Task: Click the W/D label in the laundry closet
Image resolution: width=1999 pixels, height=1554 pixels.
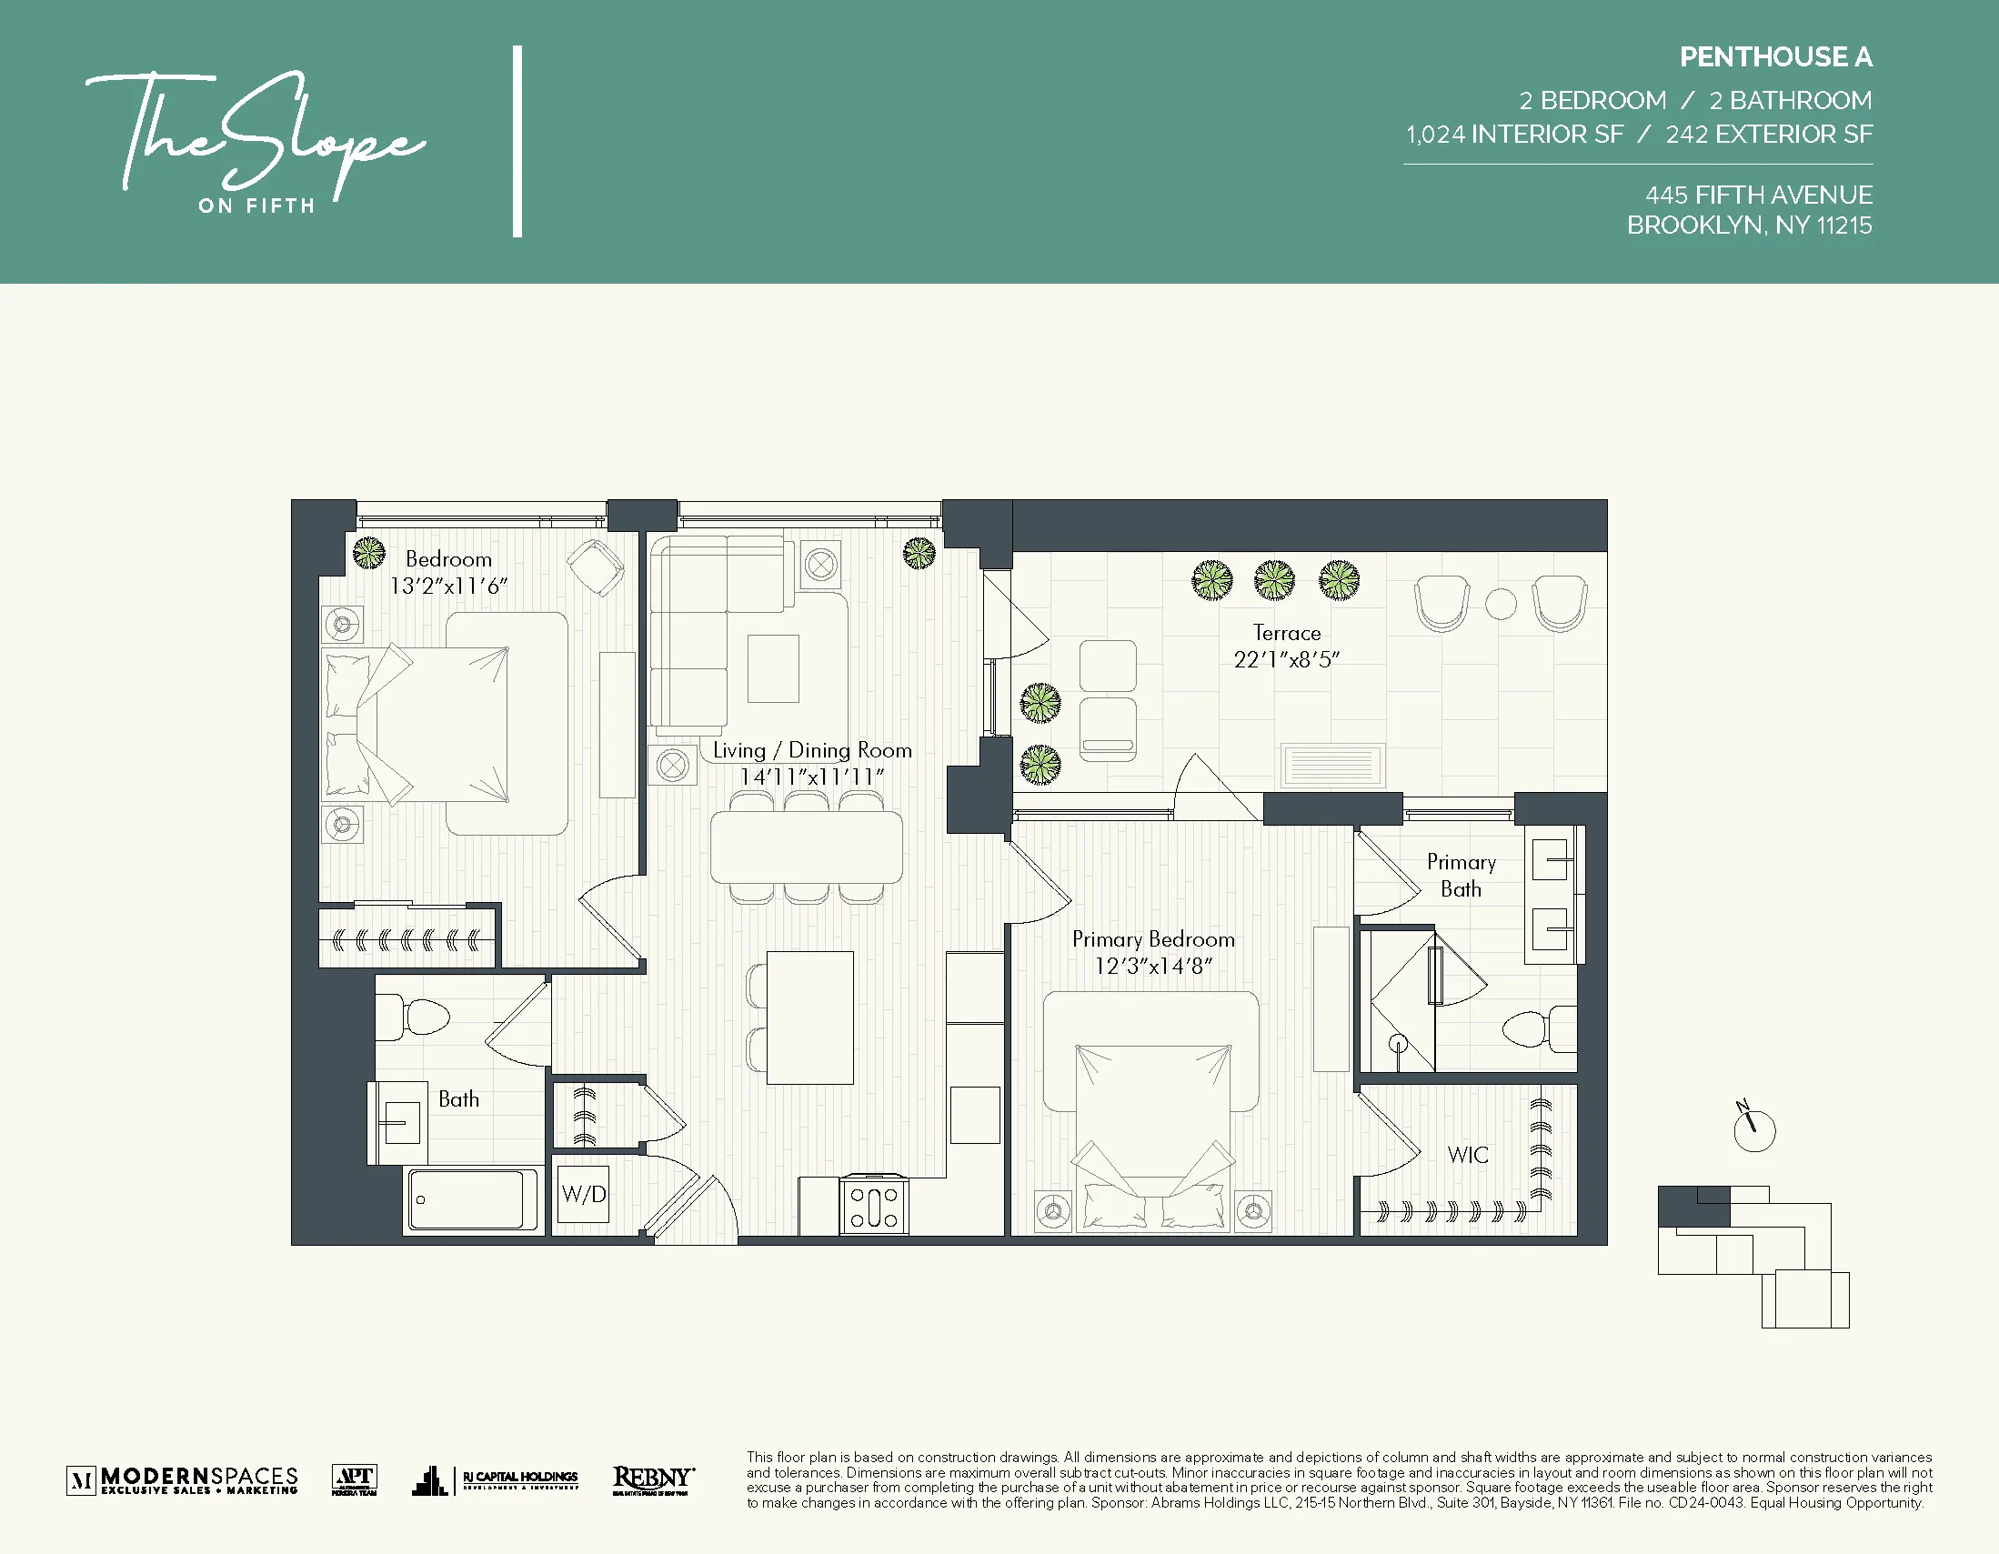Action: (x=584, y=1193)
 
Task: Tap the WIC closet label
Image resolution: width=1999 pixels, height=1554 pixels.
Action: (x=1467, y=1155)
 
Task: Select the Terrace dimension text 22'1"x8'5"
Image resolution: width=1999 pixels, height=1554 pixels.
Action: (x=1286, y=659)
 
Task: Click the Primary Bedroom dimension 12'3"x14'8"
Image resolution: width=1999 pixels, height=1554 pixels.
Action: (x=1153, y=966)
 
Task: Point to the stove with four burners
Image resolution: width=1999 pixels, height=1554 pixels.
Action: (x=874, y=1207)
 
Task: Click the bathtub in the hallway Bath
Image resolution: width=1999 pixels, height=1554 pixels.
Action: (x=472, y=1198)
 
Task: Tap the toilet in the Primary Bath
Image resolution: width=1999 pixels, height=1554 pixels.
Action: (x=1538, y=1027)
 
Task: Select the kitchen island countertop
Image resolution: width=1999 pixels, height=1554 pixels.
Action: (x=809, y=1017)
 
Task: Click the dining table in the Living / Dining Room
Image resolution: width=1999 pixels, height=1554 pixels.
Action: (x=807, y=847)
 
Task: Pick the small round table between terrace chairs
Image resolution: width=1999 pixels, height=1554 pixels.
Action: (x=1501, y=603)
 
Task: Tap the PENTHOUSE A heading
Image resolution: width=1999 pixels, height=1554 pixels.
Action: (x=1774, y=56)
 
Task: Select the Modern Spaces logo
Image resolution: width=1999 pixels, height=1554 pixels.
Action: (x=183, y=1479)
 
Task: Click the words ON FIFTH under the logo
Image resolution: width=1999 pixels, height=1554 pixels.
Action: (x=257, y=206)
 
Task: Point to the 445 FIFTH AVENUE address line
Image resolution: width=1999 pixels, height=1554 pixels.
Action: (x=1758, y=195)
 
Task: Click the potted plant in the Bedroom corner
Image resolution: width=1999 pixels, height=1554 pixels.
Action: (x=369, y=552)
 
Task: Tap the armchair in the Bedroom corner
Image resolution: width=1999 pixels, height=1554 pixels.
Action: (x=596, y=566)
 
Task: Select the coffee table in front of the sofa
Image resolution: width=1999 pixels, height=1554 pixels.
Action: (x=772, y=668)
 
